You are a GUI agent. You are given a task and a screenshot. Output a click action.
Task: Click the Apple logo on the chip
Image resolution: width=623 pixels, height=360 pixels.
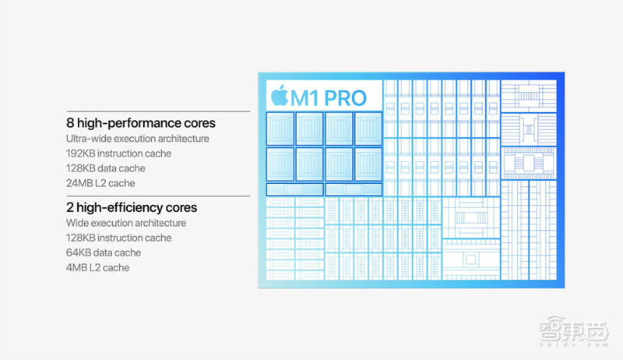pos(280,95)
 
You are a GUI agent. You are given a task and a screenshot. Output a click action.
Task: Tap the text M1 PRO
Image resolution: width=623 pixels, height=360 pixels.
pos(328,98)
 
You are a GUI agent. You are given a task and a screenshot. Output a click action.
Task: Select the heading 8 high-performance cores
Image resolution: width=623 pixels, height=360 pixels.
pos(141,123)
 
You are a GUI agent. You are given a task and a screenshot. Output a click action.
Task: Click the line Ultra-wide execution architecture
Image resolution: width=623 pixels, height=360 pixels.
pos(138,138)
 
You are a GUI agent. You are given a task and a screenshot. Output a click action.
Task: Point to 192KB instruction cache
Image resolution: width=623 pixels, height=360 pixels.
pos(119,154)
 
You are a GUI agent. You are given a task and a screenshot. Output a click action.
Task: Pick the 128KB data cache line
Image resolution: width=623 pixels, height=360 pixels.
pos(106,168)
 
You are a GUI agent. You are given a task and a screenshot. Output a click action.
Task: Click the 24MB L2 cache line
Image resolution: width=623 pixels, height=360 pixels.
pos(100,183)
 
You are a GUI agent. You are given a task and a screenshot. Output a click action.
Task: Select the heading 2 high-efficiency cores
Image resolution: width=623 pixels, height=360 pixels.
pos(132,207)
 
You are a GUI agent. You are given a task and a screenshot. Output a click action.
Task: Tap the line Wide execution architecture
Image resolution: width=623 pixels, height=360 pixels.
pos(126,223)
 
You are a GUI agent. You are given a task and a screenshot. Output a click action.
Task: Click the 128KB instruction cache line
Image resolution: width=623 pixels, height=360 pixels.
pos(119,238)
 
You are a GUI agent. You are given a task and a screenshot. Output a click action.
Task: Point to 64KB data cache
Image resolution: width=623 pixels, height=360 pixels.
pos(104,252)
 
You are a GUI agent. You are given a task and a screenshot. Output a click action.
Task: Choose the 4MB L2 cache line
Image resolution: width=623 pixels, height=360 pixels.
pos(98,267)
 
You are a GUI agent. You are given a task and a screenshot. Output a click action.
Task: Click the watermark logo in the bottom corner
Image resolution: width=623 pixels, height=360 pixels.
pos(574,330)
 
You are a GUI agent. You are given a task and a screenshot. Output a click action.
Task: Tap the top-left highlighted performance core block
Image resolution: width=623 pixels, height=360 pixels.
pos(280,129)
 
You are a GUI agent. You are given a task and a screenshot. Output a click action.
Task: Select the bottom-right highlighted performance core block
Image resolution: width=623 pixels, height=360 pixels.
pos(368,164)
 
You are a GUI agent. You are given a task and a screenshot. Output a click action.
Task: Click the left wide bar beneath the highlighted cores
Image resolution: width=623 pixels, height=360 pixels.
pos(294,189)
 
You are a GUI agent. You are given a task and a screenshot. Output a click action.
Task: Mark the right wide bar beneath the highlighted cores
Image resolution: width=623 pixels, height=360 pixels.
pos(354,189)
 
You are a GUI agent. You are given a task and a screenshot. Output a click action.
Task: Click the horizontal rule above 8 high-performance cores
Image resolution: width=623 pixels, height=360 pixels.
pos(158,111)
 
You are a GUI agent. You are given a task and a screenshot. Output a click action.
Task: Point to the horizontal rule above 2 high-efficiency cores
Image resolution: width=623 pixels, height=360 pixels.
pos(158,196)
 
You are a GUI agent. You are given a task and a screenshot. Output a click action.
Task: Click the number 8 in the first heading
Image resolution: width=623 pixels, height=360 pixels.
pos(70,123)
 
